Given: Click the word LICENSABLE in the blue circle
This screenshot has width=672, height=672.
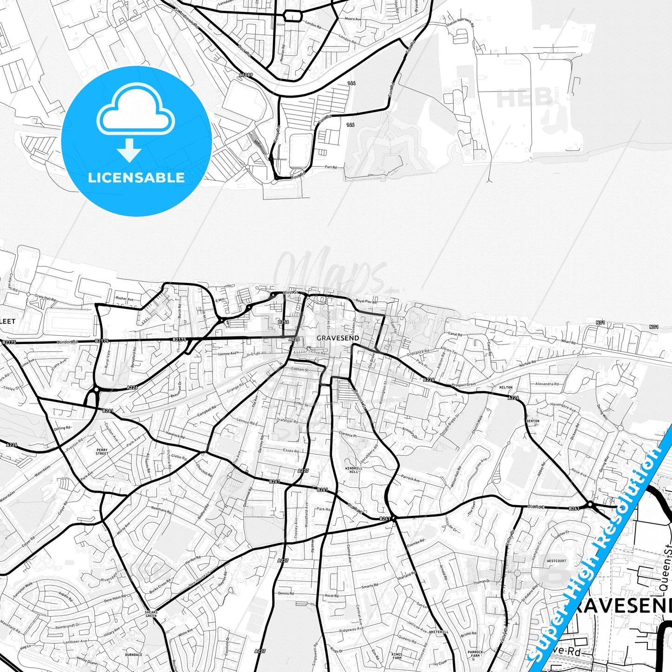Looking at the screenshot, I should pyautogui.click(x=136, y=178).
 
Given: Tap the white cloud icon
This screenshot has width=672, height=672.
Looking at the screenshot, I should pyautogui.click(x=136, y=112).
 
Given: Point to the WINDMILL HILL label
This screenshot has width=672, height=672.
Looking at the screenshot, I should pyautogui.click(x=353, y=470).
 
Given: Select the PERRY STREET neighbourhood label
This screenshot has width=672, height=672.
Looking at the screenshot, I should pyautogui.click(x=102, y=452).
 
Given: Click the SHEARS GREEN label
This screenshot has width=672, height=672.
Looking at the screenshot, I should pyautogui.click(x=151, y=614).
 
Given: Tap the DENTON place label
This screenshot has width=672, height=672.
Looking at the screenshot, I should pyautogui.click(x=533, y=421).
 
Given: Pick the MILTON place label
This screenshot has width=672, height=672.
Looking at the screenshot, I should pyautogui.click(x=506, y=387).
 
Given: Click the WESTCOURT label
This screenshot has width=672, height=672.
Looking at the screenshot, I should pyautogui.click(x=557, y=561).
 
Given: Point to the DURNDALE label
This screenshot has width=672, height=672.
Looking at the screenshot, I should pyautogui.click(x=134, y=655).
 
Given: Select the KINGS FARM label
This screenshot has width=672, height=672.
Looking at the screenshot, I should pyautogui.click(x=397, y=656).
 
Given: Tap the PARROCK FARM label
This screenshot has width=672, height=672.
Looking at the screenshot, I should pyautogui.click(x=475, y=654).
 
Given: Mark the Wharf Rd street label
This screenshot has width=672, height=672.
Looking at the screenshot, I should pyautogui.click(x=568, y=342).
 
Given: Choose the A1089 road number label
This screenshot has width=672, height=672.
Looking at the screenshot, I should pyautogui.click(x=246, y=75).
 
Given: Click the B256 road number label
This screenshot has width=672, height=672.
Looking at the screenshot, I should pyautogui.click(x=283, y=322).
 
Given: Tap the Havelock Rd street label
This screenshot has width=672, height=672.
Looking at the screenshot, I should pyautogui.click(x=175, y=435).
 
